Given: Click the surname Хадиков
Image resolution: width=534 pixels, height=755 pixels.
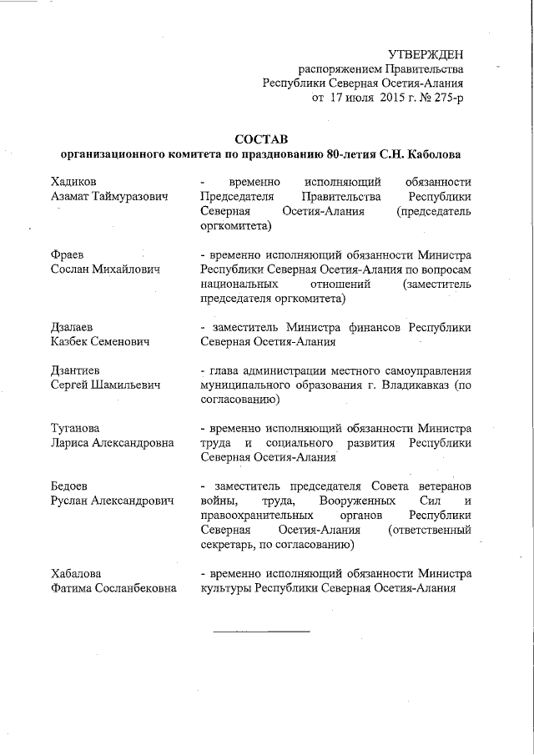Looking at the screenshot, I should tap(73, 181).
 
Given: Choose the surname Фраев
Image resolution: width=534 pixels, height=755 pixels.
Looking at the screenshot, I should tap(68, 254).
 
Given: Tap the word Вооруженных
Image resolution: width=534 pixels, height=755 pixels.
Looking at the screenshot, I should tap(330, 501).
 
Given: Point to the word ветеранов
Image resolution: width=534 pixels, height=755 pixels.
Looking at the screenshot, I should tap(441, 486).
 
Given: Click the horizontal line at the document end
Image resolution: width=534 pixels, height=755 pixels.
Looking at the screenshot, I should tap(261, 630).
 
